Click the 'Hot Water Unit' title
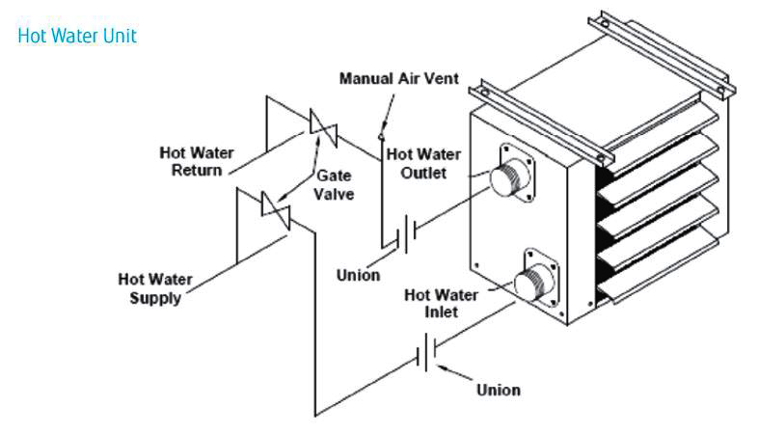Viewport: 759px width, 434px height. tap(77, 37)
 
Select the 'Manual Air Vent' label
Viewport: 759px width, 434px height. tap(399, 78)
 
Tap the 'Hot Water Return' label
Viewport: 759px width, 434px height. tap(197, 162)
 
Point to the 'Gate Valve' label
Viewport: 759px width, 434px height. tap(334, 185)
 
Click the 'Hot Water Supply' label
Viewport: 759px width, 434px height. tap(155, 288)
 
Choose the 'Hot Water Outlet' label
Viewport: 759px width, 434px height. tap(423, 164)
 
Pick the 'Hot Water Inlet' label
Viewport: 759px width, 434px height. tap(441, 303)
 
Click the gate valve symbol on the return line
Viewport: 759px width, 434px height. tap(323, 128)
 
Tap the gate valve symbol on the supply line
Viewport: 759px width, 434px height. tap(276, 210)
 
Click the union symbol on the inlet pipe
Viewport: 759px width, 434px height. tap(427, 352)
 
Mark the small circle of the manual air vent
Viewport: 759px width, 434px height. tap(381, 137)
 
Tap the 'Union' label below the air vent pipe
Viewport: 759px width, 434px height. tap(358, 275)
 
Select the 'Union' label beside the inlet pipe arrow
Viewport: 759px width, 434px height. tap(499, 390)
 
